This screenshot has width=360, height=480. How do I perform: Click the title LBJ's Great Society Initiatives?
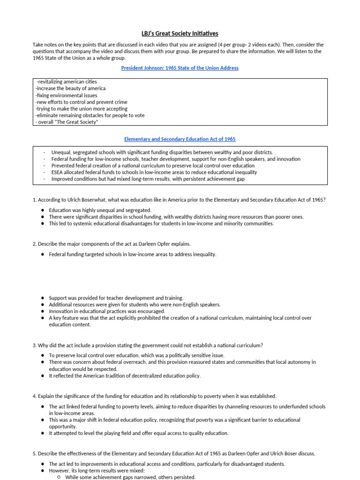pos(180,33)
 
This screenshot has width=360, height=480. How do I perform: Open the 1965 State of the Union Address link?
pos(180,68)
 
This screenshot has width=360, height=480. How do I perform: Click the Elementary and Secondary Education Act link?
pos(180,139)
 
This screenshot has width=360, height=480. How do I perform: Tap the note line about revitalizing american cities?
pos(67,82)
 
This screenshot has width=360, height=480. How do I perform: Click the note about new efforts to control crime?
pos(82,102)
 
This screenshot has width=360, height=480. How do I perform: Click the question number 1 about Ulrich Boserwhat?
pos(179,200)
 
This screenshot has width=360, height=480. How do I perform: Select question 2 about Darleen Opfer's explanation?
pos(112,244)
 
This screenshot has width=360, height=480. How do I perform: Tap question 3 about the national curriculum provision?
pos(148,345)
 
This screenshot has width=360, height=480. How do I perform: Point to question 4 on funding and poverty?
pos(155,396)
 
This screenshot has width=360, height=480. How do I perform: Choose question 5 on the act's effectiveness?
pos(174,454)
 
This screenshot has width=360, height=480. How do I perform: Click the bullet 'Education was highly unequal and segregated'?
pos(100,210)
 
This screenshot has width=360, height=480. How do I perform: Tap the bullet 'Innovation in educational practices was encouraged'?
pos(107,311)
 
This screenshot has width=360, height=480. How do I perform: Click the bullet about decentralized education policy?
pos(125,376)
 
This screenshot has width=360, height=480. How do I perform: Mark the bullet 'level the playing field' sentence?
pos(138,434)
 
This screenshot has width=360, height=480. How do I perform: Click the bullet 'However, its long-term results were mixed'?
pos(97,471)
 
